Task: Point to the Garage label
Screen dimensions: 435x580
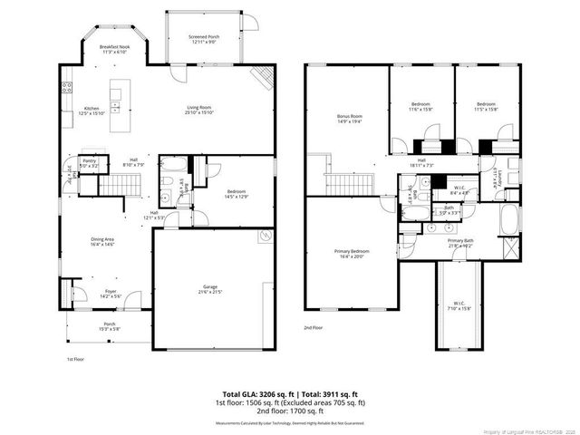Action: pos(210,289)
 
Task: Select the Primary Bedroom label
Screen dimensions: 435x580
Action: pos(350,253)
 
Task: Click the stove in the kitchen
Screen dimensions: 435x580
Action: pos(67,88)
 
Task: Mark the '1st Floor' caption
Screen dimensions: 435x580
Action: pos(74,360)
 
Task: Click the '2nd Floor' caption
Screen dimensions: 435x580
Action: pos(314,327)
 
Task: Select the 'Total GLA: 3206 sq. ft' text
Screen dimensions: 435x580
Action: pos(256,395)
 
